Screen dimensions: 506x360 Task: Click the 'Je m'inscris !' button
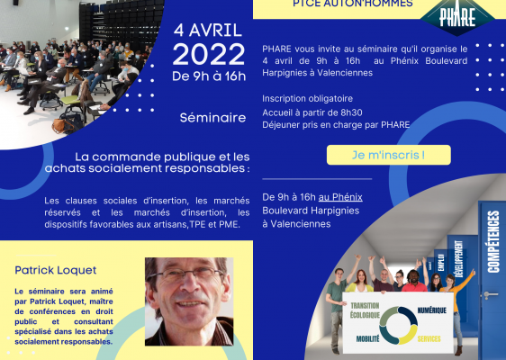[389, 155]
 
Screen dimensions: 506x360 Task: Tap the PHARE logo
[457, 16]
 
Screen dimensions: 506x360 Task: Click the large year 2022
[209, 55]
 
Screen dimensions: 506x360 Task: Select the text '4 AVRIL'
[208, 31]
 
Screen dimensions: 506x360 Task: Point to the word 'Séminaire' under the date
[212, 118]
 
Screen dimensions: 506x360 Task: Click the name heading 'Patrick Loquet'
[56, 270]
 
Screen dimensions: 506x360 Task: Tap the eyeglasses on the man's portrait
[185, 274]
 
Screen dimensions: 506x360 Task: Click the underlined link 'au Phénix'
[340, 197]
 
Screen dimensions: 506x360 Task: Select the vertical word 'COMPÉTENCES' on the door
[493, 241]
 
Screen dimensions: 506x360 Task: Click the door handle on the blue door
[490, 295]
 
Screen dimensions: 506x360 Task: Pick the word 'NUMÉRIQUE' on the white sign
[432, 310]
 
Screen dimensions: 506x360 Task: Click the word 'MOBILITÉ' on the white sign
[367, 338]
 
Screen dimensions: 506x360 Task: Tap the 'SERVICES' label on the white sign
[429, 338]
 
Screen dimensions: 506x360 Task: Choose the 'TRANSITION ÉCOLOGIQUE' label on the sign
[365, 310]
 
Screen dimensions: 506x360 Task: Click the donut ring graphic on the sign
[398, 326]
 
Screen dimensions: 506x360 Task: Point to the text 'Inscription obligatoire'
[307, 98]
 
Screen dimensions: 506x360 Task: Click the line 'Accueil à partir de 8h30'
[312, 112]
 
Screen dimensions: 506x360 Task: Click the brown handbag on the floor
[59, 126]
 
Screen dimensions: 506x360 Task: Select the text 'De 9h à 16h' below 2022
[209, 76]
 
